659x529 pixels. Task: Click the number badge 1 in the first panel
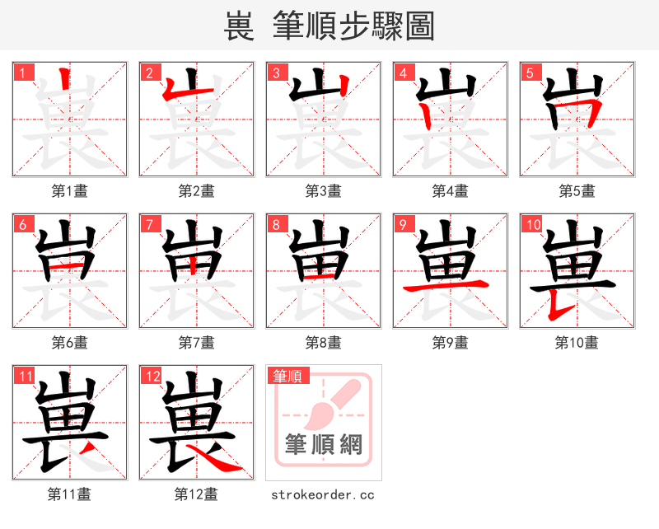click(23, 73)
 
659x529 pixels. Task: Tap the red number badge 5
click(529, 73)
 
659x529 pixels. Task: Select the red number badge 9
click(402, 224)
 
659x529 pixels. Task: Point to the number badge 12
click(151, 377)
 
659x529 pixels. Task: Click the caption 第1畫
click(70, 190)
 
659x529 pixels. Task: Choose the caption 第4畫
click(450, 190)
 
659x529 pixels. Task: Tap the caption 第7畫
click(196, 342)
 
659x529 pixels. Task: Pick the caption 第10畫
click(577, 342)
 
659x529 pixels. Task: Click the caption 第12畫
click(196, 494)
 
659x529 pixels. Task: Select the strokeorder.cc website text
click(323, 494)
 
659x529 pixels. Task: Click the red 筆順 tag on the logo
click(288, 377)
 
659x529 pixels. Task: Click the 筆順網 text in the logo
click(324, 445)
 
